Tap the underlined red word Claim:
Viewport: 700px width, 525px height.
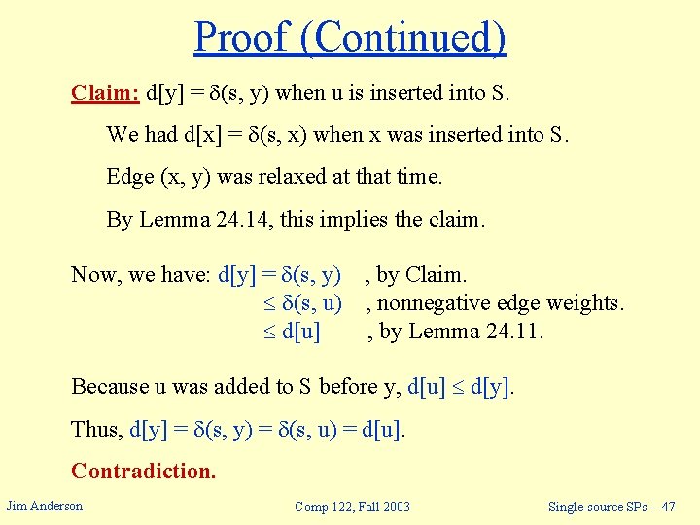pyautogui.click(x=105, y=93)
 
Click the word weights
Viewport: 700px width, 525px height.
pyautogui.click(x=588, y=303)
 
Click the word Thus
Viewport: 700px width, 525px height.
pyautogui.click(x=97, y=429)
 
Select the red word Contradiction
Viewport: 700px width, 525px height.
pyautogui.click(x=143, y=472)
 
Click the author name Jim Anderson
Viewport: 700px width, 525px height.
pyautogui.click(x=45, y=505)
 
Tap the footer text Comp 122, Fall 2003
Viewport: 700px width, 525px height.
pyautogui.click(x=352, y=506)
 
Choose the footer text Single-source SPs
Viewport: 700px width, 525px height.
pyautogui.click(x=593, y=506)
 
